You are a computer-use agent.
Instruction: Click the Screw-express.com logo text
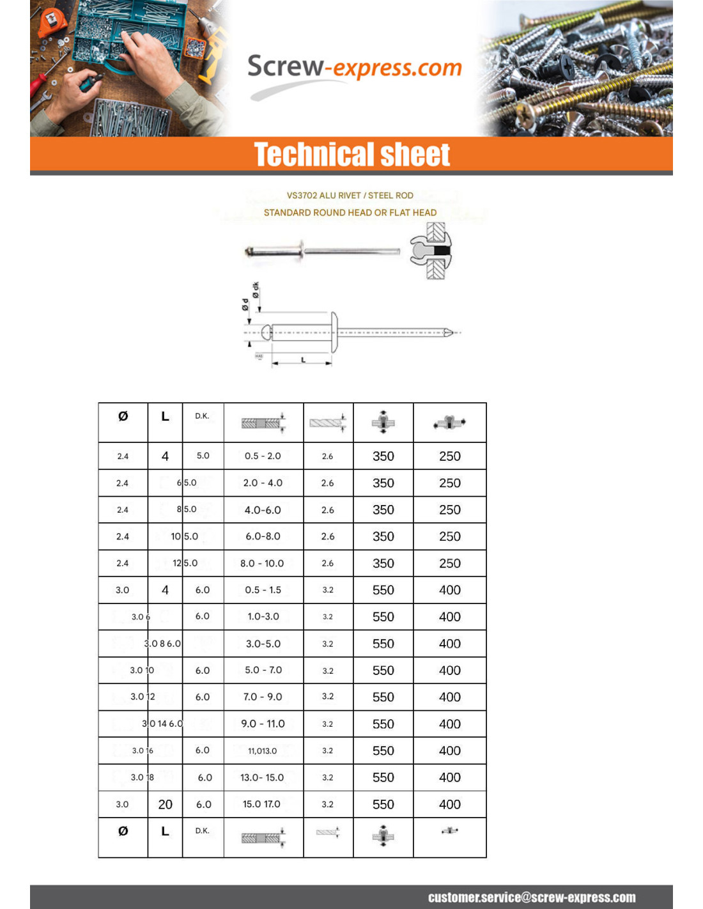point(354,66)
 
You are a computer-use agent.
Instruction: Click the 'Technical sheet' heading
point(351,155)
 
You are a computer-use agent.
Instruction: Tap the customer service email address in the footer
point(531,897)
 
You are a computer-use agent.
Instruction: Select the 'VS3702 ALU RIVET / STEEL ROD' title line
point(350,196)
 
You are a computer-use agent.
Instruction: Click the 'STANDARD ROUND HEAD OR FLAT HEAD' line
point(350,212)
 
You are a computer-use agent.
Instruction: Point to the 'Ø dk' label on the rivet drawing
point(256,290)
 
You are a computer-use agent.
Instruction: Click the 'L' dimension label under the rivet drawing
point(303,360)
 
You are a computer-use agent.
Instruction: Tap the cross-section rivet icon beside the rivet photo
point(431,251)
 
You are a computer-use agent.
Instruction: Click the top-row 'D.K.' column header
point(202,416)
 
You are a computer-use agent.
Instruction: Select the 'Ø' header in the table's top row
point(123,416)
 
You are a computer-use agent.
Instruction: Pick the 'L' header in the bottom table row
point(165,831)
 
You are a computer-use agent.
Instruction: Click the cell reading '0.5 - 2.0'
point(263,456)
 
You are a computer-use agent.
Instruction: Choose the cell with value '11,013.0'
point(263,750)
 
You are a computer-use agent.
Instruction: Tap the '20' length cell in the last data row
point(165,804)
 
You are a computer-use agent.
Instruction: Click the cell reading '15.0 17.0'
point(261,804)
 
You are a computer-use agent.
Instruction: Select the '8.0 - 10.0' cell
point(262,563)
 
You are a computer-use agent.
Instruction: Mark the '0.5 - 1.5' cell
point(263,590)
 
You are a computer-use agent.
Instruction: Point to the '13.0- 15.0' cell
point(262,777)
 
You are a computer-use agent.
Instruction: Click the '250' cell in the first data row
point(449,456)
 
